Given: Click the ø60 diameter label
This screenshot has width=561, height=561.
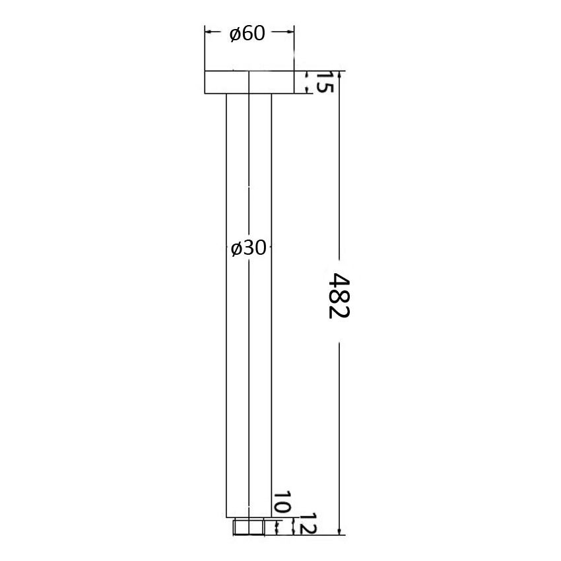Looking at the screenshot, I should pyautogui.click(x=247, y=34).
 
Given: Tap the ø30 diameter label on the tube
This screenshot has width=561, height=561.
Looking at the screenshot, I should pyautogui.click(x=248, y=248).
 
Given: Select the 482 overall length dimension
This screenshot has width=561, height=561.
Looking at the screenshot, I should pyautogui.click(x=338, y=295).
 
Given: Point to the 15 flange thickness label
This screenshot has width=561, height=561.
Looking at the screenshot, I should pyautogui.click(x=323, y=82).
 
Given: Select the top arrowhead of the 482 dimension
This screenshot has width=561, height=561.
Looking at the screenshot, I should pyautogui.click(x=339, y=75).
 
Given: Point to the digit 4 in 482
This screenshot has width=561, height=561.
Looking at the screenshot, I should pyautogui.click(x=338, y=280).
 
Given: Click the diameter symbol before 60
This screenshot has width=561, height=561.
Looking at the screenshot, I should pyautogui.click(x=235, y=34).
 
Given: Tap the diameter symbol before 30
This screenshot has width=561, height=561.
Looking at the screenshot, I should pyautogui.click(x=236, y=249).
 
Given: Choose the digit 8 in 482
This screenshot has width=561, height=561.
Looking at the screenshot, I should pyautogui.click(x=338, y=295).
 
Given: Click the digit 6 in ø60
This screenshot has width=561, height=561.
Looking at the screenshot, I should pyautogui.click(x=247, y=34).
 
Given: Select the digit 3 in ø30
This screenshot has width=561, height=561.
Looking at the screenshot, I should pyautogui.click(x=248, y=248).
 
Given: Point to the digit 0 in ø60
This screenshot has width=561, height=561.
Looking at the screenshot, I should pyautogui.click(x=259, y=34).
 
